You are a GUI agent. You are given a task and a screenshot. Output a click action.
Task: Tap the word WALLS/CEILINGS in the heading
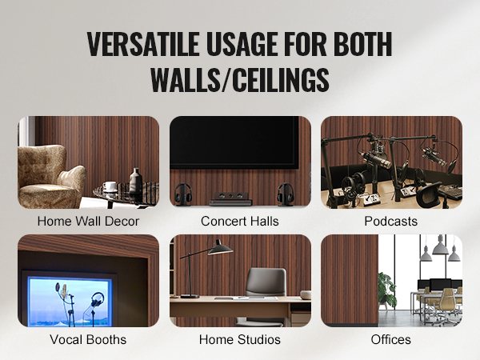[x=240, y=79]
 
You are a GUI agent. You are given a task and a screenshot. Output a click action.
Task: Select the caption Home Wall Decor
[x=88, y=221]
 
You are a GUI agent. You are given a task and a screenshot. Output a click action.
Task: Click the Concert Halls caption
[x=240, y=221]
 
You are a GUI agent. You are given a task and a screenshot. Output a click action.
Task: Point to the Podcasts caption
[x=391, y=221]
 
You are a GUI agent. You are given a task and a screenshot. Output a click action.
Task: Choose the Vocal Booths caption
[x=88, y=339]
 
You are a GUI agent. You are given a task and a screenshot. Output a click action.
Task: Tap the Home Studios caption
[x=240, y=339]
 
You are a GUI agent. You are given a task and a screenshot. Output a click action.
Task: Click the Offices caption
[x=391, y=339]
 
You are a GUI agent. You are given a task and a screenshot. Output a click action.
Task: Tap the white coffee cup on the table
[x=110, y=186]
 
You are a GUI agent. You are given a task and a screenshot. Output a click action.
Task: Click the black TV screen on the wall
[x=234, y=142]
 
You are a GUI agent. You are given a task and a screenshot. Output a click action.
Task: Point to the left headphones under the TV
[x=182, y=194]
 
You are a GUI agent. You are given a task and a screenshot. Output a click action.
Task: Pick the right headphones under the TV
[x=286, y=194]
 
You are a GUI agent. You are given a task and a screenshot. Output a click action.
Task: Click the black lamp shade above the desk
[x=221, y=249]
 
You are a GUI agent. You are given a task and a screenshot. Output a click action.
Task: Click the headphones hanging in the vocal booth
[x=97, y=299]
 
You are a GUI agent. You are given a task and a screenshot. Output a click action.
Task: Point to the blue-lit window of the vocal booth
[x=69, y=302]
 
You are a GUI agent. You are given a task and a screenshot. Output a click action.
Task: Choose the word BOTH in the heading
[x=362, y=44]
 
